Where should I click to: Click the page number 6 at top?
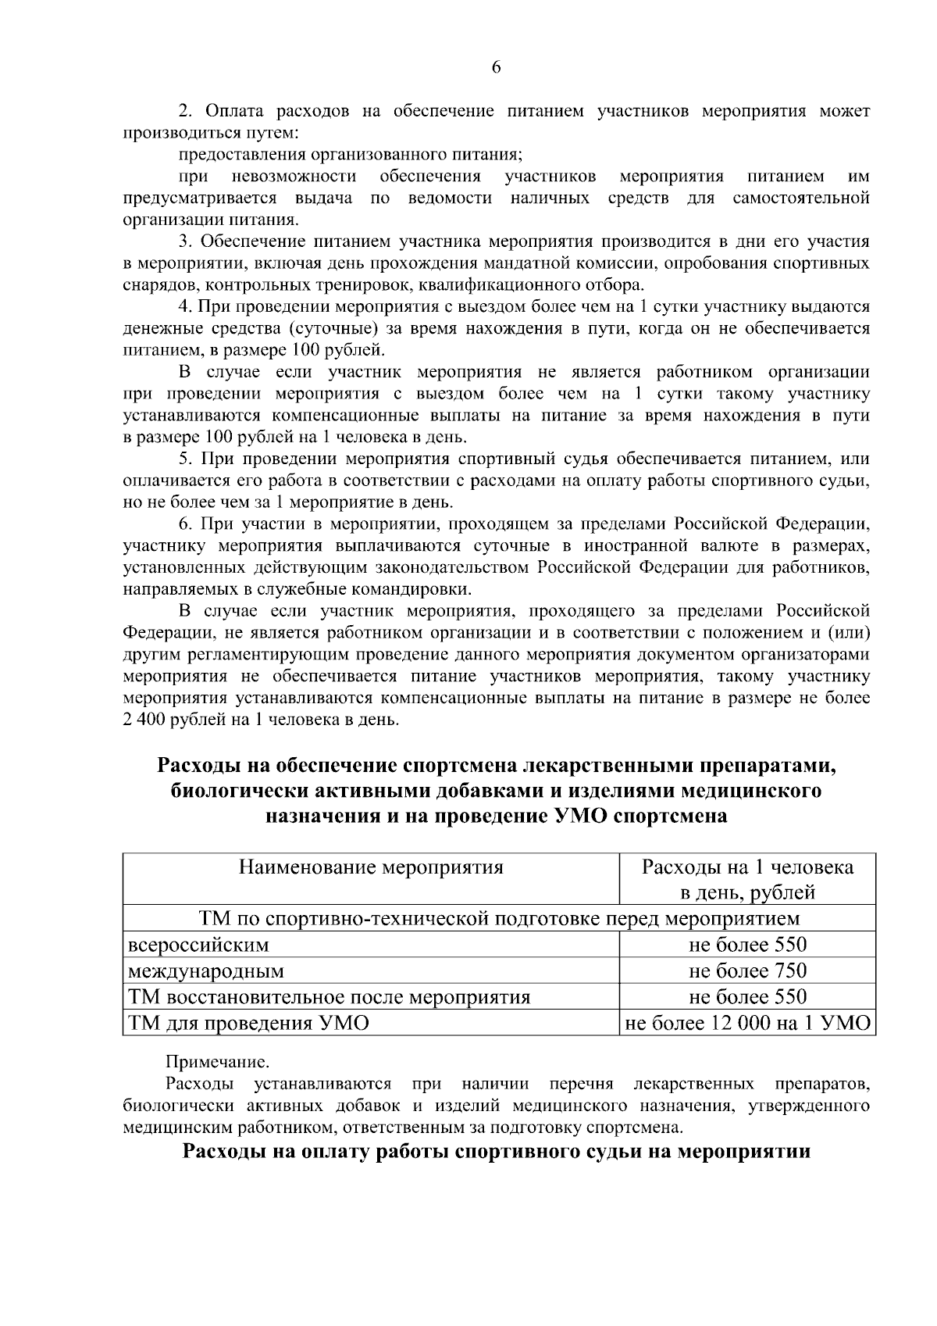click(497, 67)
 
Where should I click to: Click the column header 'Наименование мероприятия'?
click(371, 867)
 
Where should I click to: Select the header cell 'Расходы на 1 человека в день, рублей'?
click(747, 879)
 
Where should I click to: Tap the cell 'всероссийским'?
click(198, 945)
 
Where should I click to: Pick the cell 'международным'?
click(206, 971)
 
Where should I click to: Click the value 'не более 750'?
click(747, 970)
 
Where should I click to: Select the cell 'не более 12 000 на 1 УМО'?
click(747, 1023)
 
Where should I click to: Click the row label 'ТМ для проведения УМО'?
click(248, 1023)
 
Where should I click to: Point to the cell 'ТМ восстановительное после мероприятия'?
click(329, 997)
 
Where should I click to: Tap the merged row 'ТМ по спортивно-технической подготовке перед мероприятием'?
click(499, 918)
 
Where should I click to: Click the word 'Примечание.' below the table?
click(217, 1063)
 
